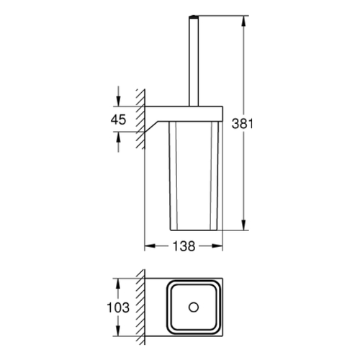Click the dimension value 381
242,124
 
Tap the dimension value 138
184,246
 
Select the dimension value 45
118,120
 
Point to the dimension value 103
118,307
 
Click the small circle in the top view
194,307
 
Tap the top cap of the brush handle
194,17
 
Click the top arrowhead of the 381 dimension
243,22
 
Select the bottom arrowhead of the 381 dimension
243,225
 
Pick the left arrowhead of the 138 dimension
150,246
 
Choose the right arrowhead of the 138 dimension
217,246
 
